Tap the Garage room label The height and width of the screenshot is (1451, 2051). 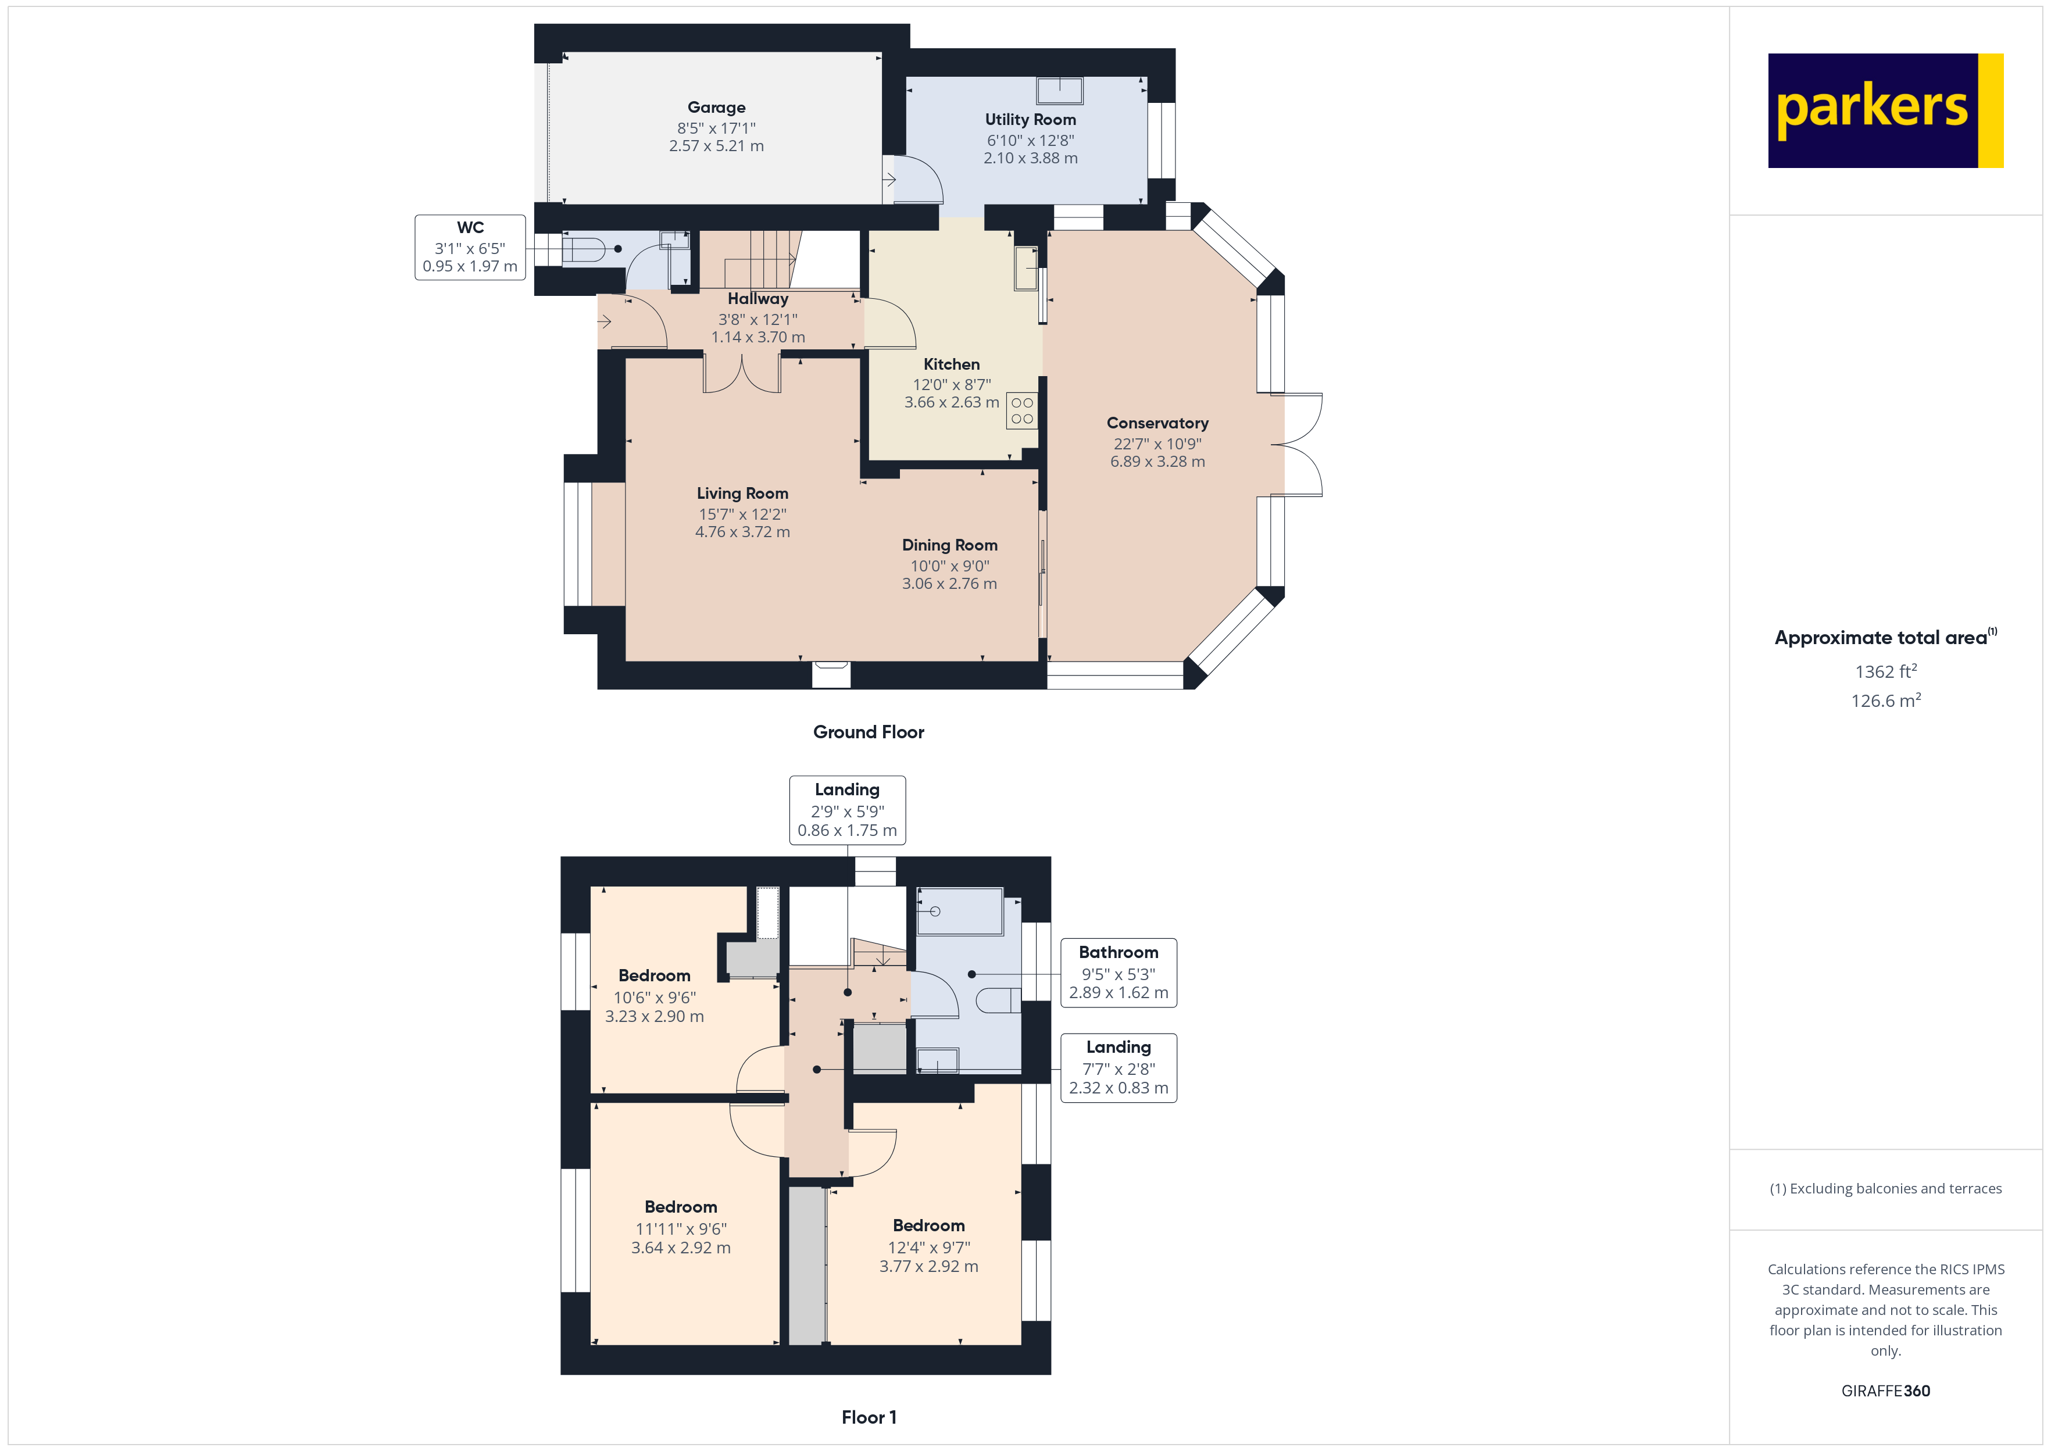pos(716,107)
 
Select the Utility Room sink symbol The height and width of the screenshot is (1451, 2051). pos(1059,90)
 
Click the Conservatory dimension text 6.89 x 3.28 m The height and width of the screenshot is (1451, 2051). pos(1157,462)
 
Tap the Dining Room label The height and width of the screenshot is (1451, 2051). pos(949,545)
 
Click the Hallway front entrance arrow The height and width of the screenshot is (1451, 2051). pos(605,321)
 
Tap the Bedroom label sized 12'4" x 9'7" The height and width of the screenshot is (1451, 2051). pos(928,1226)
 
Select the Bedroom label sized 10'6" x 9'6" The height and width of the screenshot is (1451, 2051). pos(654,975)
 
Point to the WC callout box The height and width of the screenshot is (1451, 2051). pos(470,248)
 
